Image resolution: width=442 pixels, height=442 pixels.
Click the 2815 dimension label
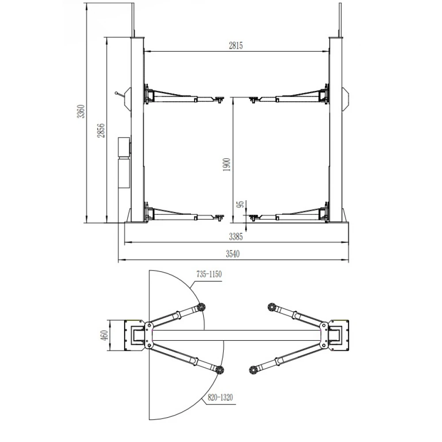click(236, 46)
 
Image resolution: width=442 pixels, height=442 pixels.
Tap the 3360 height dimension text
click(81, 111)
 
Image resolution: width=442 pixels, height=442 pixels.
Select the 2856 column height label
click(101, 130)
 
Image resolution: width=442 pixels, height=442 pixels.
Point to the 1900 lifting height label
click(226, 164)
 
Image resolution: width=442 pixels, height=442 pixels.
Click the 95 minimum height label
click(240, 204)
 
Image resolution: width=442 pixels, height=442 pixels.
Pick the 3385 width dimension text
click(236, 236)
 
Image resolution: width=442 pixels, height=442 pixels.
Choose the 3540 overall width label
click(232, 254)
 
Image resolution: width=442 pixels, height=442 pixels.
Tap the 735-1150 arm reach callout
click(209, 274)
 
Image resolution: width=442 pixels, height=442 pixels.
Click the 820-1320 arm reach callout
click(220, 397)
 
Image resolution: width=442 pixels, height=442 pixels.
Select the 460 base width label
click(104, 335)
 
